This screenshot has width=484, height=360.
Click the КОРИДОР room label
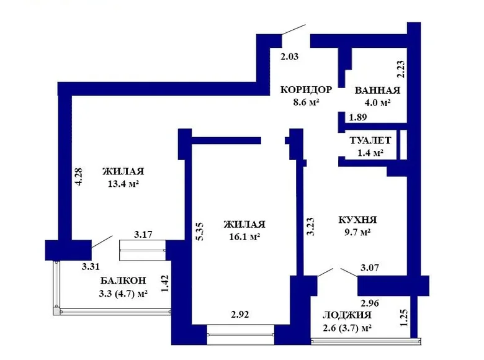coord(306,90)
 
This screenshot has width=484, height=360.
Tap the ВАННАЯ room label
coord(377,91)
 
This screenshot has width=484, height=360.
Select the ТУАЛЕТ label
coord(370,140)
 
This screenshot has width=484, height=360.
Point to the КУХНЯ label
coord(357,220)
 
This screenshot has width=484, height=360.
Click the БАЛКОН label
coord(123,281)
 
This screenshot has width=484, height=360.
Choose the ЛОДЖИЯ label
coord(347,315)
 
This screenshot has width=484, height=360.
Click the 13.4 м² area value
coord(123,184)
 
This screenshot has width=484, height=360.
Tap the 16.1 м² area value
coord(244,237)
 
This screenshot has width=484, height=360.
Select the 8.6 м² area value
coord(306,102)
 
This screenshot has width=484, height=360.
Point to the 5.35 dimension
coord(200,232)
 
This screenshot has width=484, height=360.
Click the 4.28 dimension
coord(79,177)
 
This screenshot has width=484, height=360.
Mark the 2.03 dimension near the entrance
coord(290,56)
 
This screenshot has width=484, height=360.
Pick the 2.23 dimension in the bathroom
coord(400,69)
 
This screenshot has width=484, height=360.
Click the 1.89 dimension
coord(358,117)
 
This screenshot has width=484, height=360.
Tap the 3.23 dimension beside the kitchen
coord(310,227)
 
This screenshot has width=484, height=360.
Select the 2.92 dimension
coord(240,315)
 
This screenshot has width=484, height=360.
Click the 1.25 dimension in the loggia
coord(404,318)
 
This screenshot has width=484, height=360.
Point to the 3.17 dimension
coord(143,235)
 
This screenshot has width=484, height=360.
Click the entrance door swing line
coord(294,29)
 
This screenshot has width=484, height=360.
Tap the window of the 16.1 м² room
coord(241,335)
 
